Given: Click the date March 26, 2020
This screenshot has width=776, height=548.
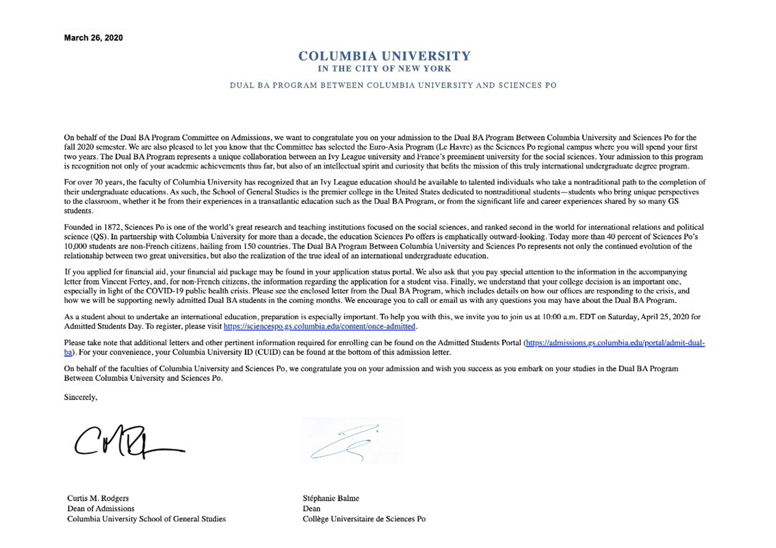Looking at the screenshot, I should click(93, 38).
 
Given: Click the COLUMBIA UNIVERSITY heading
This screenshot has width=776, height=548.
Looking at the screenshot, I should click(384, 56).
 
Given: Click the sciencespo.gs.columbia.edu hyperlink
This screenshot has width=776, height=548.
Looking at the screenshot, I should click(319, 327).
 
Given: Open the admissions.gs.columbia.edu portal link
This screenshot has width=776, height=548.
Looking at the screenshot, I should click(615, 343).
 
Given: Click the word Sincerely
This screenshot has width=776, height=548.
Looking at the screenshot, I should click(81, 397).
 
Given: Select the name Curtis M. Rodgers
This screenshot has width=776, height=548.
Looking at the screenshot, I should click(98, 498).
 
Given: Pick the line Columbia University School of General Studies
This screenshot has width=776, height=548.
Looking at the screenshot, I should click(146, 519).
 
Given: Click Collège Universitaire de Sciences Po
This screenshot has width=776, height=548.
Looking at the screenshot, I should click(364, 519).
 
